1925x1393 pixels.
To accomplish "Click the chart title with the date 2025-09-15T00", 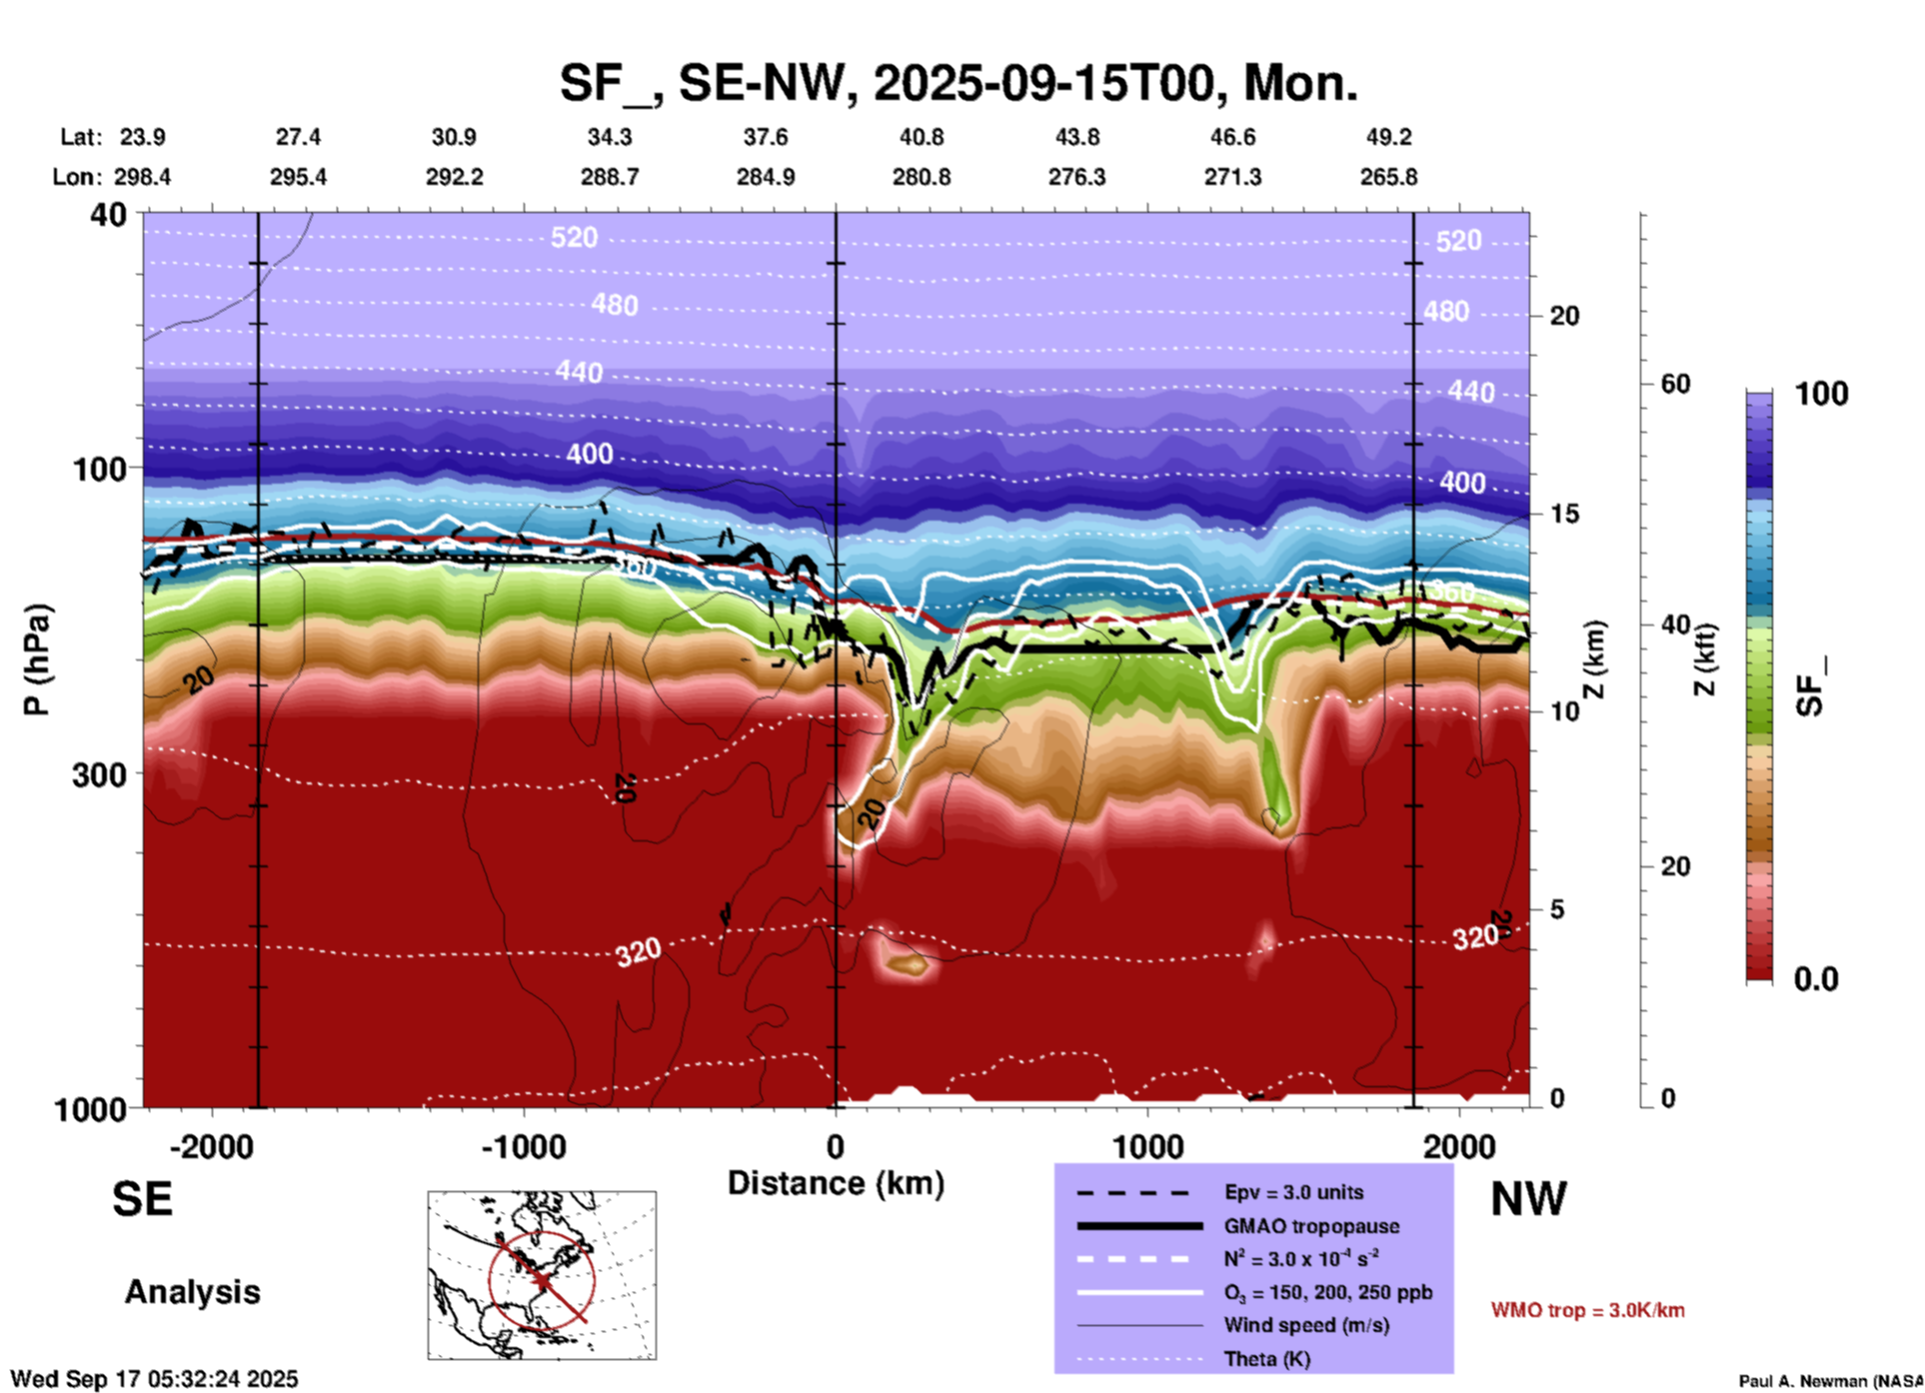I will tap(958, 83).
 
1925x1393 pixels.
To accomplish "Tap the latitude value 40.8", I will tap(921, 137).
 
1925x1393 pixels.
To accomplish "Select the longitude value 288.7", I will tap(610, 177).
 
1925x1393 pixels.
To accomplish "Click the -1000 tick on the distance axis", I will tap(524, 1146).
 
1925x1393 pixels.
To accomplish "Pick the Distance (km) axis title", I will tap(836, 1183).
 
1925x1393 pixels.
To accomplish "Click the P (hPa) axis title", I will tap(37, 660).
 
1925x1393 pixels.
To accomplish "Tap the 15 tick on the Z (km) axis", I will tap(1564, 514).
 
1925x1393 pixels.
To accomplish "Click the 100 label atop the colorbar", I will tap(1821, 394).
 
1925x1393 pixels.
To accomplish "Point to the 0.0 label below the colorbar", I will tap(1815, 979).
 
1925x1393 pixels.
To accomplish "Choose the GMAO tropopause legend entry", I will tap(1311, 1226).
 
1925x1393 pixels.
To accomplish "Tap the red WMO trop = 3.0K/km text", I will tap(1587, 1310).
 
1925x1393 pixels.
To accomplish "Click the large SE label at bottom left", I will tap(142, 1199).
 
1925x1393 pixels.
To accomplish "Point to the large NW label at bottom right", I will tap(1528, 1199).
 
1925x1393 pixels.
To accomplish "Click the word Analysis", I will tap(192, 1292).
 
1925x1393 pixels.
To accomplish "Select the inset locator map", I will tap(542, 1274).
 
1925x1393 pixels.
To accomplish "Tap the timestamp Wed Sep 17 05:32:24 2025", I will tap(154, 1379).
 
